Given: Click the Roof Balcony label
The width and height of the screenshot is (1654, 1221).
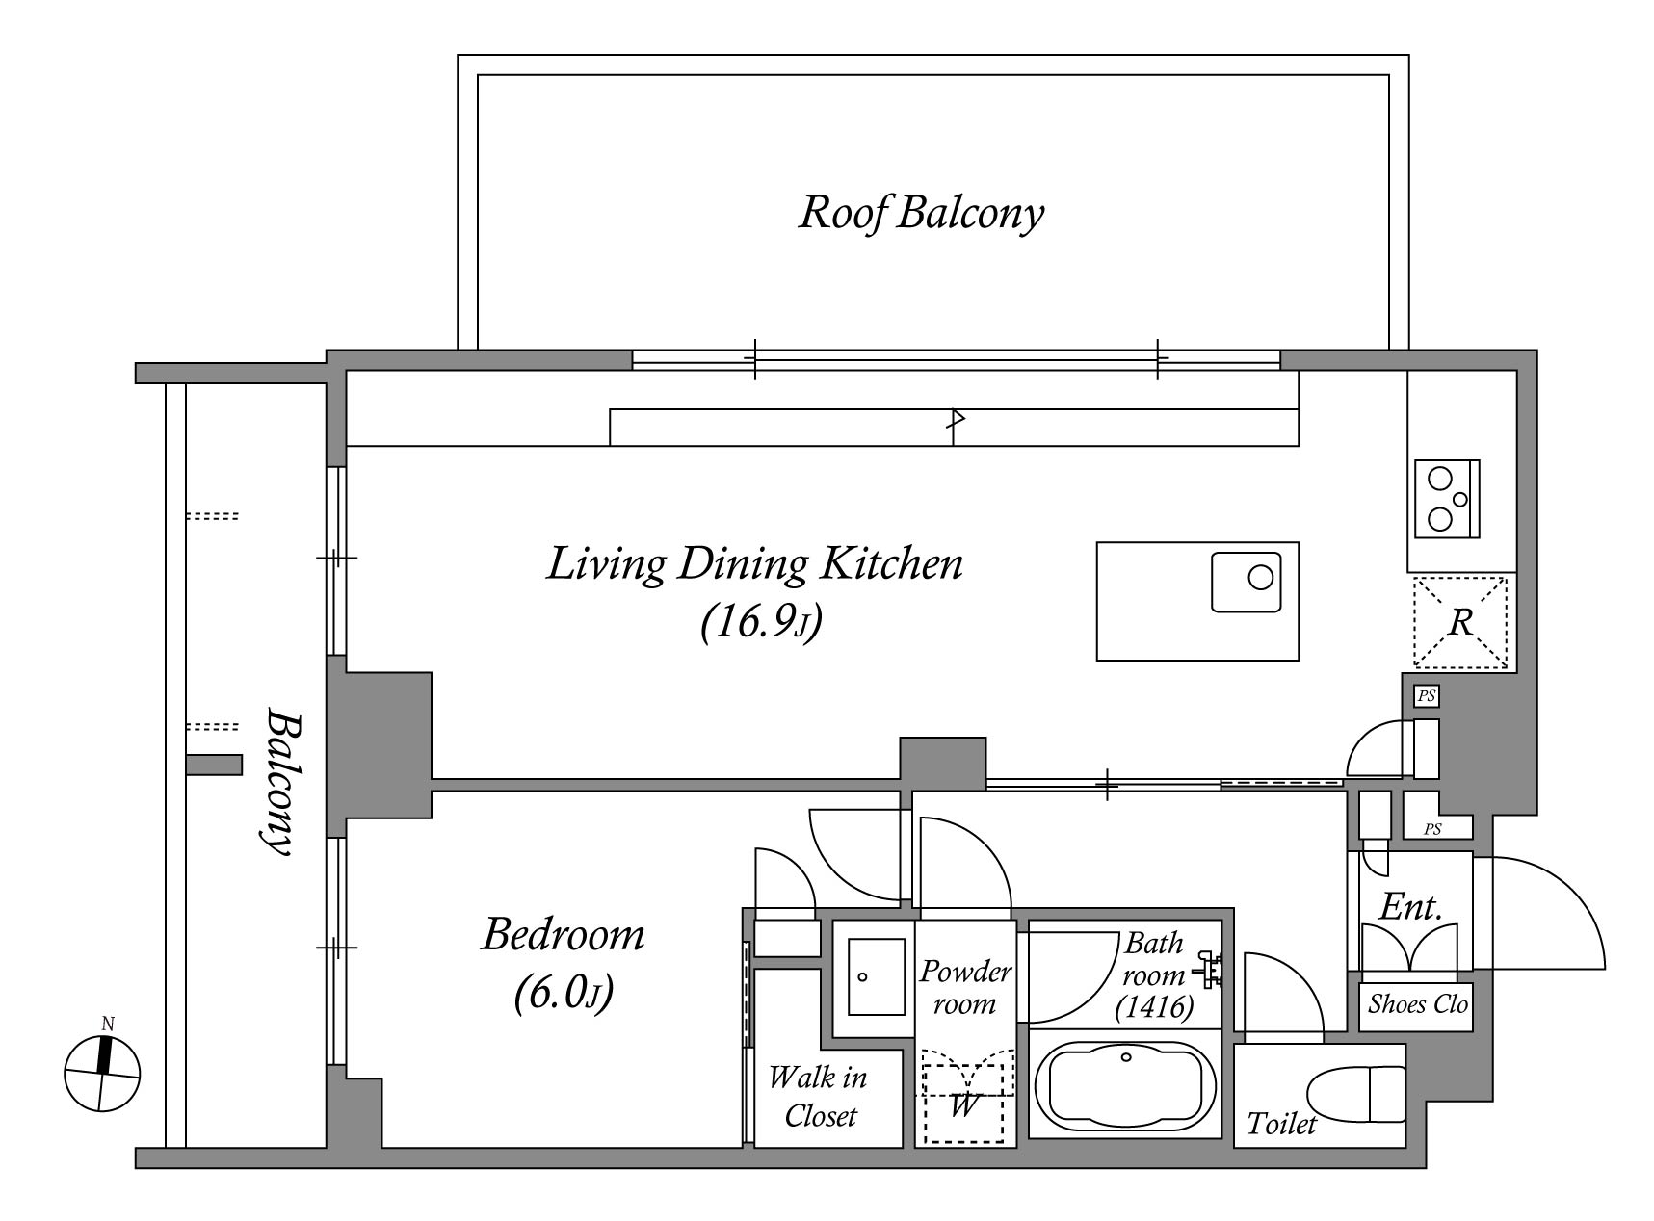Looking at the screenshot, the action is (x=921, y=213).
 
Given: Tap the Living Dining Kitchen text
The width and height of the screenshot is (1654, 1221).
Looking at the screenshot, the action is (x=754, y=564).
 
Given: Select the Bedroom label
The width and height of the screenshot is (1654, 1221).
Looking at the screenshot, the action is (x=564, y=934).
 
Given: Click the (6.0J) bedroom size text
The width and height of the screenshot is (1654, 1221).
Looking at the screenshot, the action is (x=564, y=993).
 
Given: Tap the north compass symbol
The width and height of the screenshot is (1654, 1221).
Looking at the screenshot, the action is (x=102, y=1069).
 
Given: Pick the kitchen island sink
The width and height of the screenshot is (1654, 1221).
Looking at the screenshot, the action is (x=1247, y=582).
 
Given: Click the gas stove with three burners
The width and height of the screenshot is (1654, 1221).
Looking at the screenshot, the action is (x=1447, y=499).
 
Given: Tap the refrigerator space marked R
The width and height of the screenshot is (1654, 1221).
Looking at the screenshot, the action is (x=1460, y=622).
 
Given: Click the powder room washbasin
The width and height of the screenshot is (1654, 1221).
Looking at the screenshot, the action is (x=876, y=976).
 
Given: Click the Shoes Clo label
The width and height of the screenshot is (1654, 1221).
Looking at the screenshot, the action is (x=1417, y=1004).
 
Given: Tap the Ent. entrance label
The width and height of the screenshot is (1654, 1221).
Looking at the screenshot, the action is (x=1411, y=906).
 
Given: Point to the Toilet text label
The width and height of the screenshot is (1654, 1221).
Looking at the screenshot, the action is (x=1281, y=1123).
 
